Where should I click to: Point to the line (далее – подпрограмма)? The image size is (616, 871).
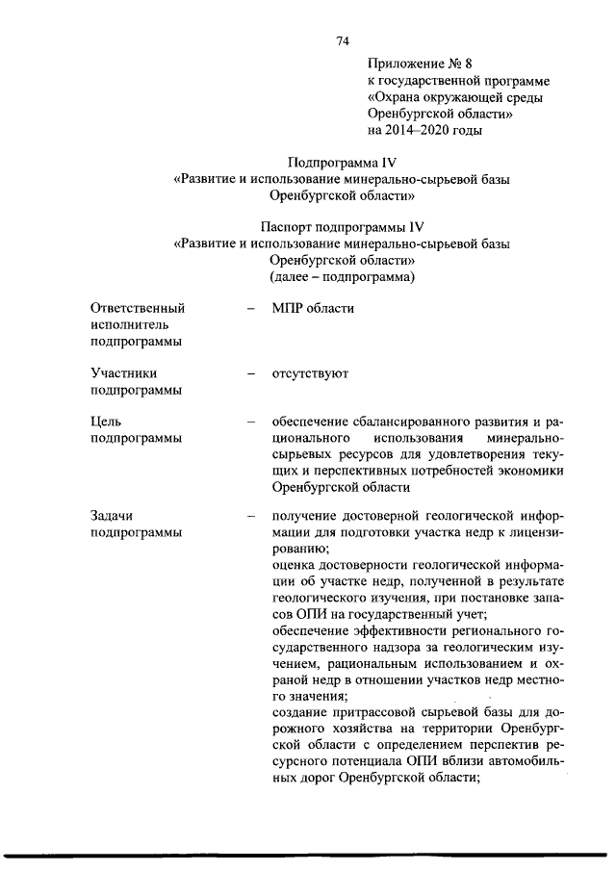click(x=342, y=276)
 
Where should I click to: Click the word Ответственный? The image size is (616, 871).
click(x=137, y=308)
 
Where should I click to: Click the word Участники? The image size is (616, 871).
click(x=124, y=371)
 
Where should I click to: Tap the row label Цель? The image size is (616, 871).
click(x=106, y=422)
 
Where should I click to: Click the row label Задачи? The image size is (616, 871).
click(x=114, y=516)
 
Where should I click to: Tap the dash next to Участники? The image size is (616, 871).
click(x=250, y=372)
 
